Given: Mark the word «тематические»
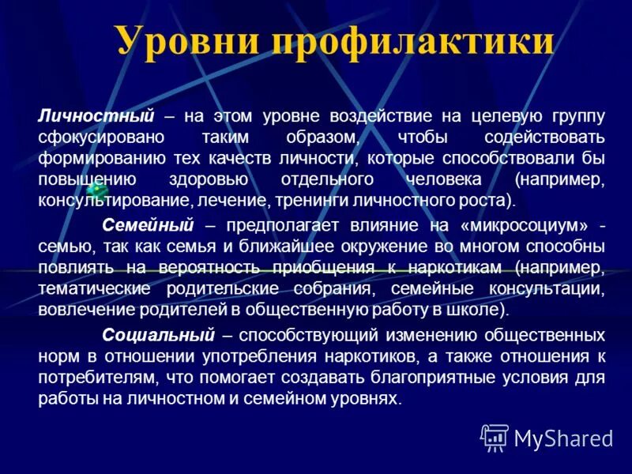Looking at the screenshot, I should (x=88, y=288).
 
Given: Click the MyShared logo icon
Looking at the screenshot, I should (x=495, y=437).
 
